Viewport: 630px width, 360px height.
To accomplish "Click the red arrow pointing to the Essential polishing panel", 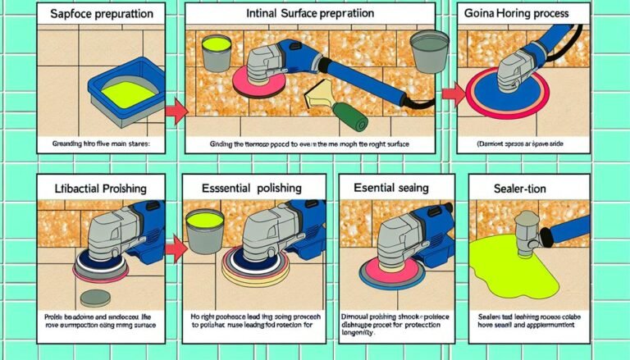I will pyautogui.click(x=173, y=244).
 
